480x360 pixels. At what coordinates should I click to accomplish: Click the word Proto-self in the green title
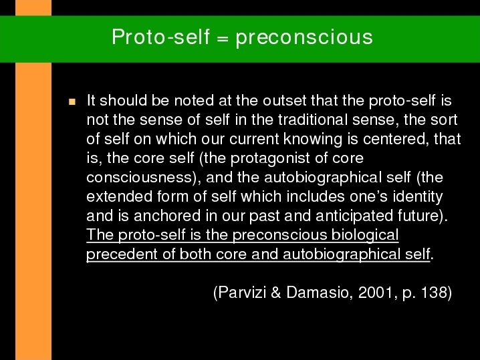click(x=160, y=37)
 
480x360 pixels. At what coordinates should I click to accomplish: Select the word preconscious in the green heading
click(x=304, y=39)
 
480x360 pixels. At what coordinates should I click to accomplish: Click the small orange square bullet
click(x=72, y=102)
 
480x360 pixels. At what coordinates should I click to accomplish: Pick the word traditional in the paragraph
click(x=313, y=120)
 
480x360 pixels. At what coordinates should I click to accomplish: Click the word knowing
click(x=313, y=139)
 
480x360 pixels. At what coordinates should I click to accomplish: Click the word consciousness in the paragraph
click(x=139, y=178)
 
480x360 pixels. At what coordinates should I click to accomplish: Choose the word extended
click(x=120, y=196)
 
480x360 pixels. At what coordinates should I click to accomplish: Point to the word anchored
click(x=167, y=216)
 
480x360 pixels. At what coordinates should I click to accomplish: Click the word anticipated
click(x=354, y=216)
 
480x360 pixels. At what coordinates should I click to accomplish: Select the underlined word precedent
click(x=122, y=254)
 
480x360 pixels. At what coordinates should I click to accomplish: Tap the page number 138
click(x=434, y=293)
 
